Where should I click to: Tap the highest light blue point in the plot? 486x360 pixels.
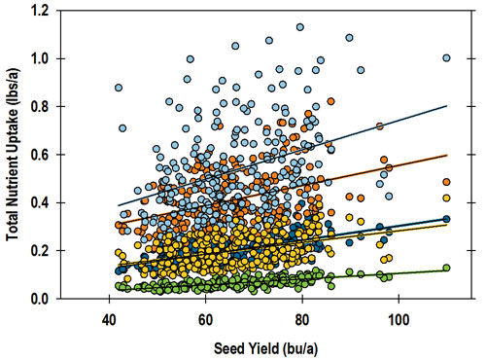(x=299, y=27)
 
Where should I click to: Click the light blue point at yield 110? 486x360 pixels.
(x=446, y=58)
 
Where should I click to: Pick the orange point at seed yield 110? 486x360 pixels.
(x=446, y=182)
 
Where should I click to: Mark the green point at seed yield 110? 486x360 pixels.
(x=446, y=268)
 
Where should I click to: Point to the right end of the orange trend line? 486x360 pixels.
(x=447, y=155)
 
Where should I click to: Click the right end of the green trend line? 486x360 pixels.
(x=447, y=270)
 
